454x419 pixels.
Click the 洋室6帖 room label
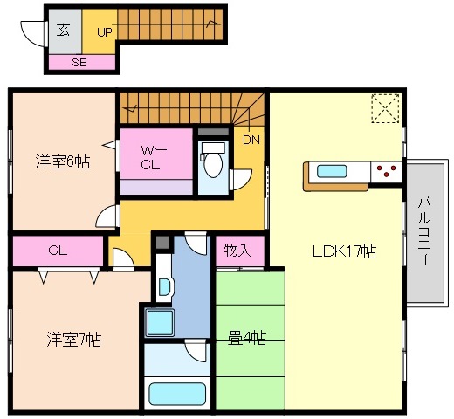click(63, 161)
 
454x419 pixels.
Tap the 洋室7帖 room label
click(74, 339)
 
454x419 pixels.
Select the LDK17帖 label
click(344, 251)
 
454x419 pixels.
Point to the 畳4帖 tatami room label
click(247, 338)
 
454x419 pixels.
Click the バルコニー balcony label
click(423, 231)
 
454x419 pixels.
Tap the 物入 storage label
click(237, 251)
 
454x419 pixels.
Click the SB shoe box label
click(79, 63)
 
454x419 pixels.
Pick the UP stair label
click(104, 32)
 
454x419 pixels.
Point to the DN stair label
click(251, 141)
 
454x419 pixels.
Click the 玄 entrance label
click(63, 30)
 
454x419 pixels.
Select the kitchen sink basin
click(332, 171)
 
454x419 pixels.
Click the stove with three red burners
click(386, 172)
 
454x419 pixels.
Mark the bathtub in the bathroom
click(177, 394)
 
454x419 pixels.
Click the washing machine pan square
click(160, 323)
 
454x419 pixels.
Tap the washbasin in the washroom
click(165, 287)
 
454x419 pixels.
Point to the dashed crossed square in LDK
click(385, 108)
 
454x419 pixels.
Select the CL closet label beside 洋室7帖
click(58, 251)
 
